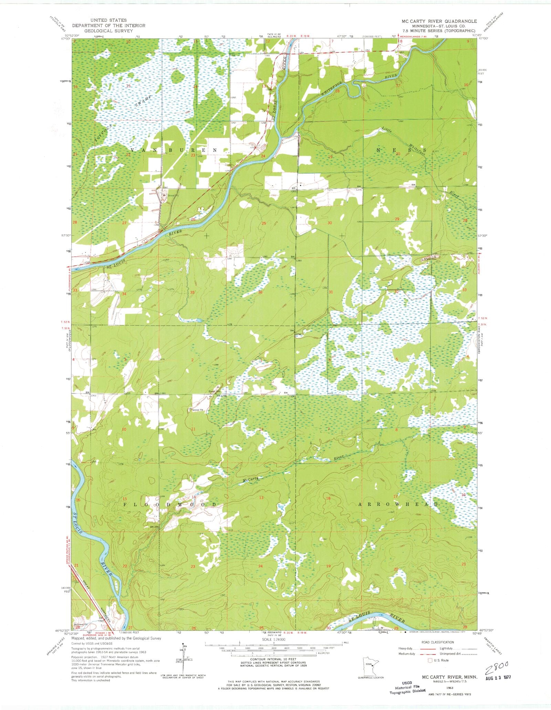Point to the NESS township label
(402, 150)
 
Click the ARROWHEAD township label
(398, 504)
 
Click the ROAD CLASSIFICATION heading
(438, 642)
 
